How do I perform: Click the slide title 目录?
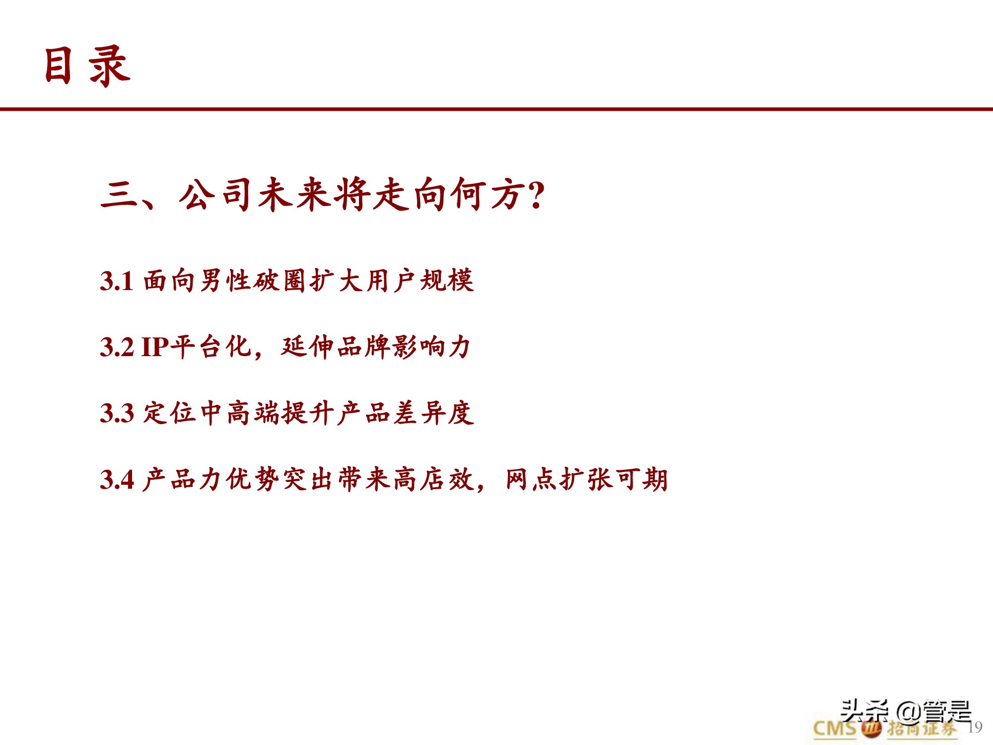[87, 66]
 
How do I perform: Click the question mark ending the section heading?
[536, 195]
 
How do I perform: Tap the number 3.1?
[117, 281]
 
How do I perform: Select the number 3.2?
[117, 347]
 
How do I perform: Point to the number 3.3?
[117, 413]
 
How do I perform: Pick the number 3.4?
[117, 480]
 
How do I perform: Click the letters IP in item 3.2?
[155, 347]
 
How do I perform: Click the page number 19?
[975, 727]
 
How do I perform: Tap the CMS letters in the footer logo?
[835, 729]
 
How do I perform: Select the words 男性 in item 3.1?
[225, 281]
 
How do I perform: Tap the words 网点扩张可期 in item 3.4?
[586, 479]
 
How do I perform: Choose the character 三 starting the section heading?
[119, 195]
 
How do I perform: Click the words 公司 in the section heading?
[216, 195]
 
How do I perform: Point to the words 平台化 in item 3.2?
[211, 347]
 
